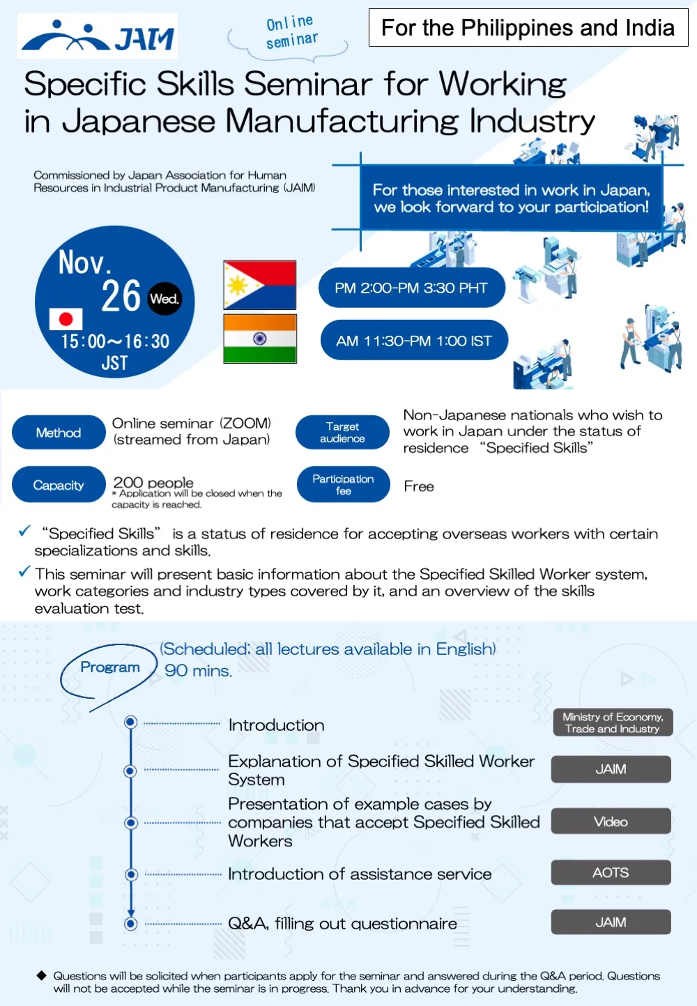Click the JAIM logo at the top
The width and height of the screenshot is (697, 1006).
click(98, 36)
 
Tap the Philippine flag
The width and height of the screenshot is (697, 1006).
click(260, 285)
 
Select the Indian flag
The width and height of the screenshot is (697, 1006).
click(260, 339)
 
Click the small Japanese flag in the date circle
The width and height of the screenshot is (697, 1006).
click(66, 319)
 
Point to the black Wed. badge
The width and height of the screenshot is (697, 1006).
click(164, 299)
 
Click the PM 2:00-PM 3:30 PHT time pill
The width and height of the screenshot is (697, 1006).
click(411, 288)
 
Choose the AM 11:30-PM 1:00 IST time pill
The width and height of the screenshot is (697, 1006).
click(414, 341)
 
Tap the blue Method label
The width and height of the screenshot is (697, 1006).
click(59, 433)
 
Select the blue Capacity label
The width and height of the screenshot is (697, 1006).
click(59, 485)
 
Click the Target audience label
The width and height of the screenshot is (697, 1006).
click(342, 433)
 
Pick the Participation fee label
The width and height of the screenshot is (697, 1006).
click(343, 485)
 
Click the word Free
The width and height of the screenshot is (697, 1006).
click(419, 486)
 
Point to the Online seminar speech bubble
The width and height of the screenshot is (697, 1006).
click(291, 33)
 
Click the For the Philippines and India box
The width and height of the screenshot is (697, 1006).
click(528, 28)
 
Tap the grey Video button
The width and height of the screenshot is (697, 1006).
click(611, 821)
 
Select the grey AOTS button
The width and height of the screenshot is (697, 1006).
click(611, 872)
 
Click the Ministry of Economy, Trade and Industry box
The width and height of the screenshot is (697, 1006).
click(613, 722)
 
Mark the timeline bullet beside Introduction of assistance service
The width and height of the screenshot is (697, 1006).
click(130, 874)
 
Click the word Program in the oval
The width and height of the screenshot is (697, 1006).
click(110, 667)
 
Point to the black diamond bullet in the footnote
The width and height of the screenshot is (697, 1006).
click(42, 975)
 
